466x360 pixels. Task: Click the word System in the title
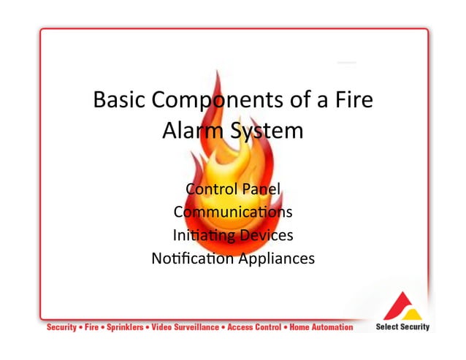tap(266, 132)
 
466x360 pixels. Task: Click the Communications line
tap(233, 212)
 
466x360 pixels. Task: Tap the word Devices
tap(267, 235)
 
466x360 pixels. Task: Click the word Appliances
tap(276, 258)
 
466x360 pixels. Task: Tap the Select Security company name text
tap(402, 327)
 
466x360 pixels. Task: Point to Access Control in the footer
tap(255, 328)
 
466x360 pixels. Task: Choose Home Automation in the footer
tap(321, 328)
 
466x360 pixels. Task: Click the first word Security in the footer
tap(61, 328)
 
